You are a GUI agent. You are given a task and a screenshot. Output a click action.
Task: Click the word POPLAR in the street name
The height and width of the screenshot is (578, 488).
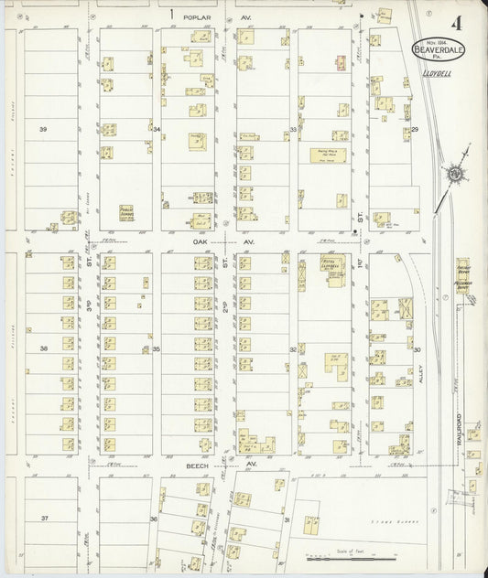199,16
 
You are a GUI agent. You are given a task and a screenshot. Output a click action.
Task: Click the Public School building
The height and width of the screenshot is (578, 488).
127,212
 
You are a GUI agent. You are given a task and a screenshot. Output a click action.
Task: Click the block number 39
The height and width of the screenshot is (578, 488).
42,130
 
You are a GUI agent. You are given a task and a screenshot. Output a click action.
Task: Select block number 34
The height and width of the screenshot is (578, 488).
157,130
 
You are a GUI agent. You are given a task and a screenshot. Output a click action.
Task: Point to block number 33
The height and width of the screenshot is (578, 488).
293,130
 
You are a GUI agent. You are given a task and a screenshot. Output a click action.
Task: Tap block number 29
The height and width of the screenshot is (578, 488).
414,130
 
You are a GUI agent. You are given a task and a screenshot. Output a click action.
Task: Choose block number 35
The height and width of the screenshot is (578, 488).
157,349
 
